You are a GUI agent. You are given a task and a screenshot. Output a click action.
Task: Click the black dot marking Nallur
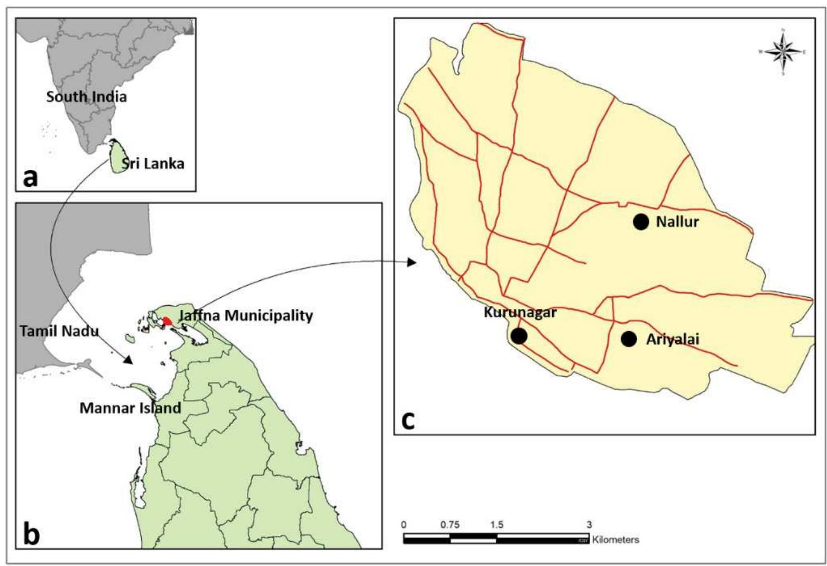pyautogui.click(x=640, y=222)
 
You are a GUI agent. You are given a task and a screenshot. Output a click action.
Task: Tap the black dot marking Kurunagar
pyautogui.click(x=519, y=335)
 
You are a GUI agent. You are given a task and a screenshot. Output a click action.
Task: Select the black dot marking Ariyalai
pyautogui.click(x=628, y=339)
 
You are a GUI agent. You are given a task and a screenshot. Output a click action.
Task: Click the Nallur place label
pyautogui.click(x=677, y=222)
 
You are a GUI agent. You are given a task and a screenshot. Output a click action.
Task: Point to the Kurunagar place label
pyautogui.click(x=520, y=313)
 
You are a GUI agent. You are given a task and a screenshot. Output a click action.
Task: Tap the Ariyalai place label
pyautogui.click(x=673, y=339)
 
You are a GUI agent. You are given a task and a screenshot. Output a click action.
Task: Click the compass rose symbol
pyautogui.click(x=783, y=51)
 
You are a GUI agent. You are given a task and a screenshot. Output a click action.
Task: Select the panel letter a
pyautogui.click(x=31, y=177)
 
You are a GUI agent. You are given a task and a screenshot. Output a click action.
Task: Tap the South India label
pyautogui.click(x=86, y=97)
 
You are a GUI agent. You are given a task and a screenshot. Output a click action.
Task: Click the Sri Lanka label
pyautogui.click(x=153, y=163)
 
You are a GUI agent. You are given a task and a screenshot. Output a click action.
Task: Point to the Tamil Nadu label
pyautogui.click(x=59, y=331)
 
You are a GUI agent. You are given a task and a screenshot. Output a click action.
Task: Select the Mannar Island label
pyautogui.click(x=130, y=408)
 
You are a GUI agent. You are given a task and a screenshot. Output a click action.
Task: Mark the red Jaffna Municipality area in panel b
pyautogui.click(x=167, y=321)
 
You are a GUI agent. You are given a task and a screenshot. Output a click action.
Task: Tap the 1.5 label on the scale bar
pyautogui.click(x=497, y=525)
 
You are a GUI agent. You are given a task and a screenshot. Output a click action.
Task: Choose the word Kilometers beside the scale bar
pyautogui.click(x=615, y=540)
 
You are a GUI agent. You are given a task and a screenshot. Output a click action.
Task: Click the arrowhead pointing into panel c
pyautogui.click(x=413, y=262)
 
